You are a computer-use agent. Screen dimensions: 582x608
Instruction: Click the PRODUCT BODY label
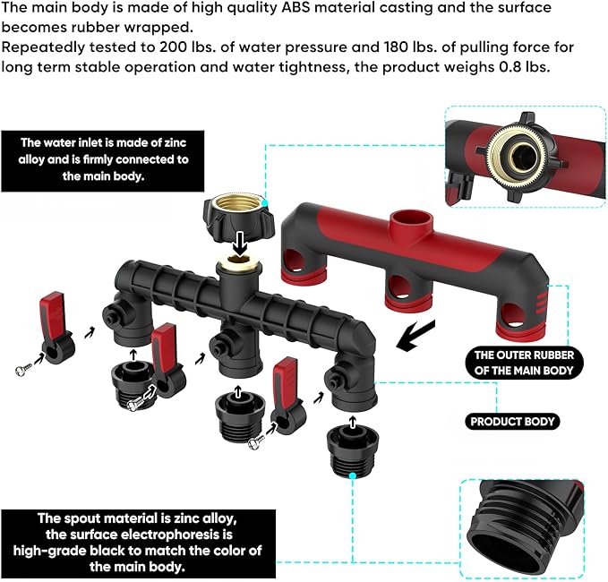click(513, 422)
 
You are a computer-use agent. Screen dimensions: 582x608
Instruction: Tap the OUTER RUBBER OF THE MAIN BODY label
click(523, 363)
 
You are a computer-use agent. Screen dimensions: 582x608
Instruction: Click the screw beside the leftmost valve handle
click(24, 365)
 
